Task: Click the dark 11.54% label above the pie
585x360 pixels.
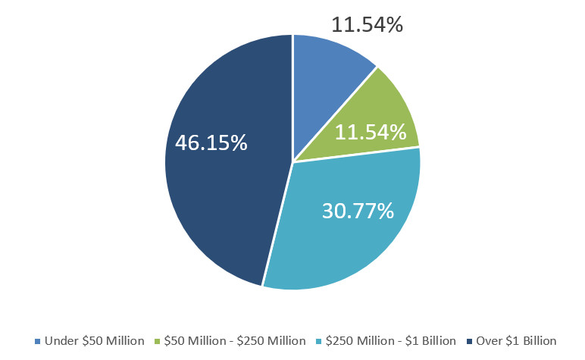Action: tap(367, 24)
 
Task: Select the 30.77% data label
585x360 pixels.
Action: tap(358, 209)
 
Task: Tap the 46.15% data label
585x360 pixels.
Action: tap(211, 142)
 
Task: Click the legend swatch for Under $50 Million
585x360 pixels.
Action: tap(38, 341)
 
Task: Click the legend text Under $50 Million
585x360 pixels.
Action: tap(95, 341)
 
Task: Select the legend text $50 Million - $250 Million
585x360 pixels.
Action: tap(233, 341)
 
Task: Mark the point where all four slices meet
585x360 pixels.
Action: tap(293, 161)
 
